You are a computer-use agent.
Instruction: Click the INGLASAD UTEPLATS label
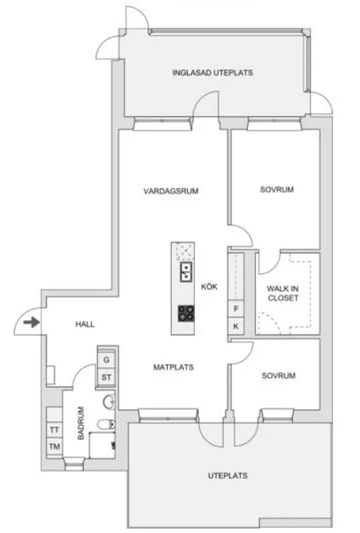click(212, 73)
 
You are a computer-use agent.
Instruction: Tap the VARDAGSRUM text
click(171, 191)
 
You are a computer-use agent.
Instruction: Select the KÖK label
click(209, 287)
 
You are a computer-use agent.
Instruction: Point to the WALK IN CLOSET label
click(283, 293)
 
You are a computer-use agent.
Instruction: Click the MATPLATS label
click(174, 367)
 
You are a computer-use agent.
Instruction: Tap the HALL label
click(85, 325)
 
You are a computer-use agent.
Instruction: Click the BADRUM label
click(81, 423)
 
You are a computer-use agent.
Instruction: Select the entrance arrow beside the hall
click(31, 322)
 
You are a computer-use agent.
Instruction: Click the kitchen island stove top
click(186, 313)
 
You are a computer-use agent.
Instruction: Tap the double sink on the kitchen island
click(186, 272)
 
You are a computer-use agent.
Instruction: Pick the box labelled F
click(236, 309)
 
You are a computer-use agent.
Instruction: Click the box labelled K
click(236, 326)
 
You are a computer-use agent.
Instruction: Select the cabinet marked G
click(106, 359)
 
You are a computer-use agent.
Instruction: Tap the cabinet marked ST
click(106, 377)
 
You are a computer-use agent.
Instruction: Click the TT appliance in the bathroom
click(54, 430)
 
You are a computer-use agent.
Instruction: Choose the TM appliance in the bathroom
click(54, 446)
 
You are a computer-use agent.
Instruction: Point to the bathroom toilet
click(106, 424)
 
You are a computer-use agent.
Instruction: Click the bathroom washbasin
click(109, 402)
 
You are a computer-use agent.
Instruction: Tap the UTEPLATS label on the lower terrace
click(228, 476)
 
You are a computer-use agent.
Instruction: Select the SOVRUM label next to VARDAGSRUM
click(277, 189)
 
